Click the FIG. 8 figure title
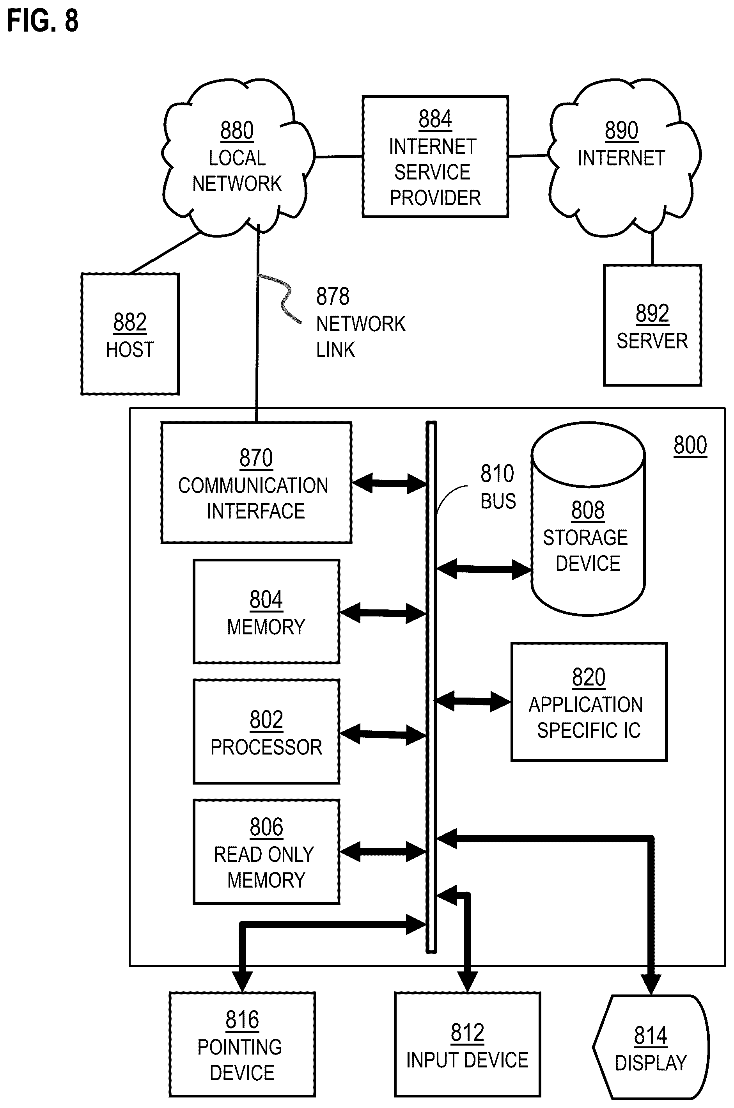(43, 21)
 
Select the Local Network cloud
(238, 157)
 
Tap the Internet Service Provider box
(435, 156)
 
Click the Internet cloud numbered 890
(624, 157)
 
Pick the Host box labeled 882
(130, 334)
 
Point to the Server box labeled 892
(652, 325)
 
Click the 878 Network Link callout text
(360, 323)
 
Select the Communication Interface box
(256, 482)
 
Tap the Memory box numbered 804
(266, 611)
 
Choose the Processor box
(266, 732)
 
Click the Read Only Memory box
(266, 852)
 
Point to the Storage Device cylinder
(588, 518)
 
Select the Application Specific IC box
(589, 702)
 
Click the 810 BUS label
(498, 487)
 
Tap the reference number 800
(690, 446)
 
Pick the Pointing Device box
(242, 1044)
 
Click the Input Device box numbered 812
(467, 1044)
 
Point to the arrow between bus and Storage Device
(484, 569)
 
